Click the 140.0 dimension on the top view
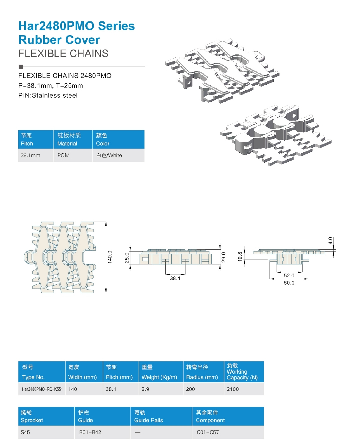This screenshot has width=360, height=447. tap(110, 257)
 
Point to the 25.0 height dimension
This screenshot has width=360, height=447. tap(127, 257)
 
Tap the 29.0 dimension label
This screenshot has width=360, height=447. tap(223, 257)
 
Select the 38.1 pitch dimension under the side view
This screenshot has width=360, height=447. tap(175, 278)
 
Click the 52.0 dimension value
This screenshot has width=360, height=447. tap(289, 275)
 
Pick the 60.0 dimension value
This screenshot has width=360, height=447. tap(289, 283)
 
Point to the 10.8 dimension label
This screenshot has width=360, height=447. tap(240, 257)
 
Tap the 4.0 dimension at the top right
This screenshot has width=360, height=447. tap(330, 240)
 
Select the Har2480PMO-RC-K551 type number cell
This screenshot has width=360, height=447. tap(42, 389)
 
